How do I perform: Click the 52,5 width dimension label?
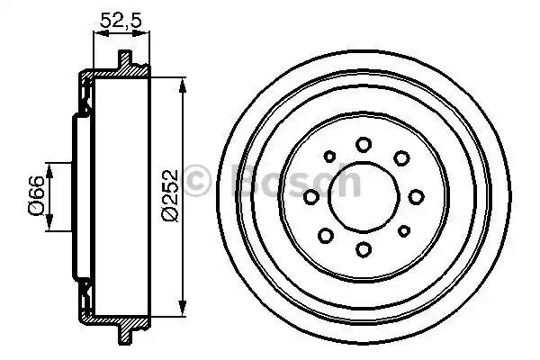tap(121, 20)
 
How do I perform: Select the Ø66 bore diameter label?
tap(36, 195)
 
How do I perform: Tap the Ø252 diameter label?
tap(170, 195)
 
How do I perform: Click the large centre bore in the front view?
tap(364, 197)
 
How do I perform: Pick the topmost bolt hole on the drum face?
tap(364, 144)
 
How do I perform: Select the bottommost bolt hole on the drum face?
tap(364, 250)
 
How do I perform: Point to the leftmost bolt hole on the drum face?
tap(311, 197)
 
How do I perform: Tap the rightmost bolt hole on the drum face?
tap(416, 197)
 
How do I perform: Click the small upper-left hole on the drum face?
tap(329, 157)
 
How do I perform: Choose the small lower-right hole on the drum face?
tap(403, 230)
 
